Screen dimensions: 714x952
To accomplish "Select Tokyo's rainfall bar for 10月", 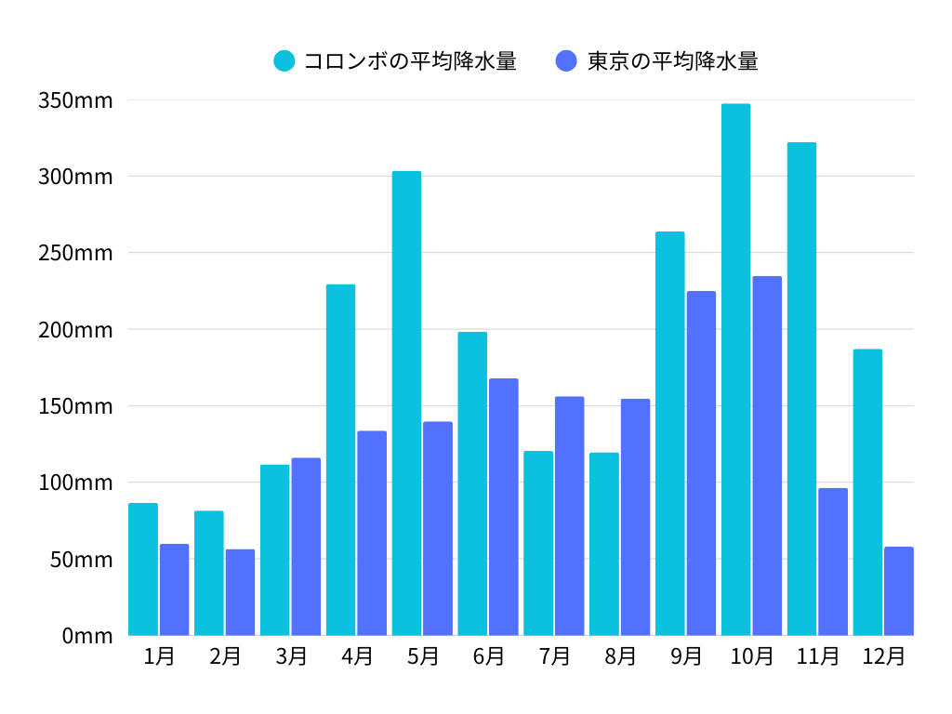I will pyautogui.click(x=767, y=456).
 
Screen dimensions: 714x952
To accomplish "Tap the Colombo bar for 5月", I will pyautogui.click(x=406, y=403).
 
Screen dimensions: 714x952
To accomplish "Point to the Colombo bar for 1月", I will pyautogui.click(x=143, y=569).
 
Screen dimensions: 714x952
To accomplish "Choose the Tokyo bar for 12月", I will pyautogui.click(x=899, y=591).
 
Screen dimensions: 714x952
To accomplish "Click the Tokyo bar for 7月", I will pyautogui.click(x=570, y=516).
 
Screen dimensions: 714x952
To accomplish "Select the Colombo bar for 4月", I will pyautogui.click(x=340, y=460).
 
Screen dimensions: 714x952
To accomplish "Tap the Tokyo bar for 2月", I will pyautogui.click(x=240, y=592).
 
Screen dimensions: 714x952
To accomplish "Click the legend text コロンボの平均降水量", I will pyautogui.click(x=410, y=61).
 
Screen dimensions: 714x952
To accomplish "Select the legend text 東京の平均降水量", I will pyautogui.click(x=673, y=61).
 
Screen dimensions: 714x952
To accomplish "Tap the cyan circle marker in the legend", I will pyautogui.click(x=284, y=61).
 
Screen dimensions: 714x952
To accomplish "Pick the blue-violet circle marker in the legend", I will pyautogui.click(x=566, y=61).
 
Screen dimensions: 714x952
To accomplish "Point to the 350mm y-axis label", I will pyautogui.click(x=75, y=100).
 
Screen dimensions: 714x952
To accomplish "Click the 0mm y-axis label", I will pyautogui.click(x=87, y=636).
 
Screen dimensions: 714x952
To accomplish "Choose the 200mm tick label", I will pyautogui.click(x=75, y=330).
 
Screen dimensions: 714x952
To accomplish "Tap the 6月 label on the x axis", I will pyautogui.click(x=488, y=656).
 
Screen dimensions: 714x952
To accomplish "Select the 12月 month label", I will pyautogui.click(x=883, y=656).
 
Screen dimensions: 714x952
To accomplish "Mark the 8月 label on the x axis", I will pyautogui.click(x=620, y=656).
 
